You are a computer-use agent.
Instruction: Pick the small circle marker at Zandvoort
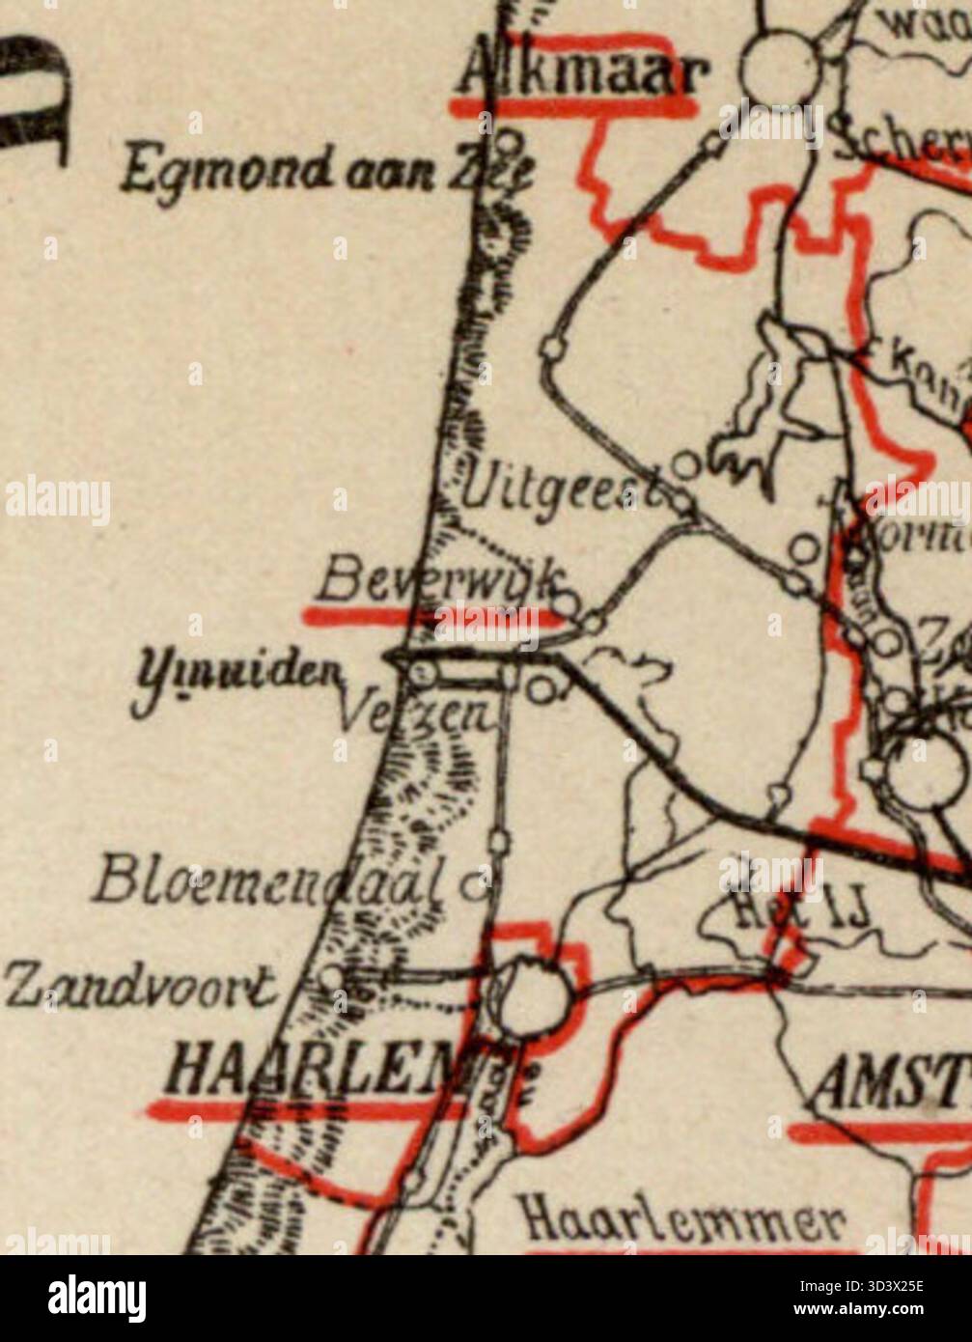[x=331, y=977]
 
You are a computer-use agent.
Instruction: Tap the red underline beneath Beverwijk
[x=430, y=615]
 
